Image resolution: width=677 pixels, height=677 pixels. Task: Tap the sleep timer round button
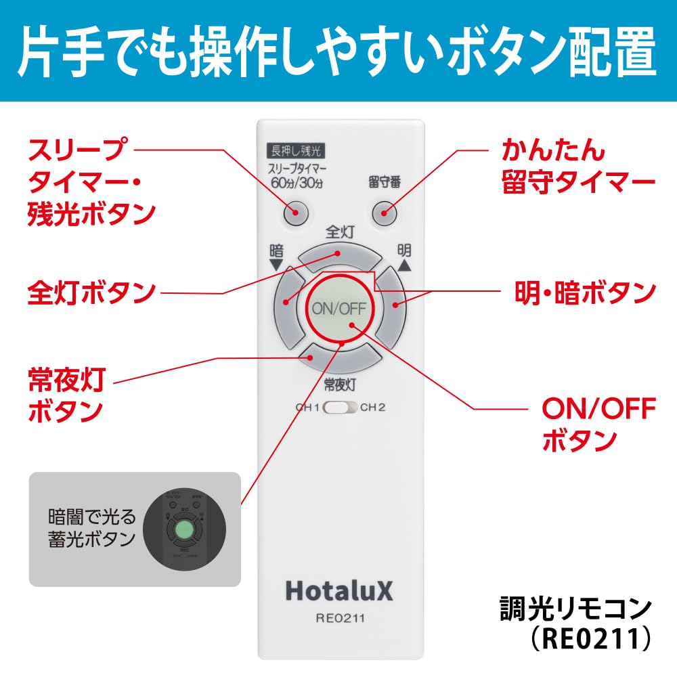(295, 213)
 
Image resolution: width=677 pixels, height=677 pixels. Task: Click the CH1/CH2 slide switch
(340, 408)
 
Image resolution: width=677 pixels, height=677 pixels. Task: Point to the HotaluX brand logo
(338, 590)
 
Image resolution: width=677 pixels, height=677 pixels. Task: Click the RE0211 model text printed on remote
(341, 617)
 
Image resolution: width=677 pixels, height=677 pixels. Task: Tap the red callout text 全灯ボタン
(91, 292)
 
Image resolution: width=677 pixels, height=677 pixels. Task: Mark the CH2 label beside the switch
(372, 408)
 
